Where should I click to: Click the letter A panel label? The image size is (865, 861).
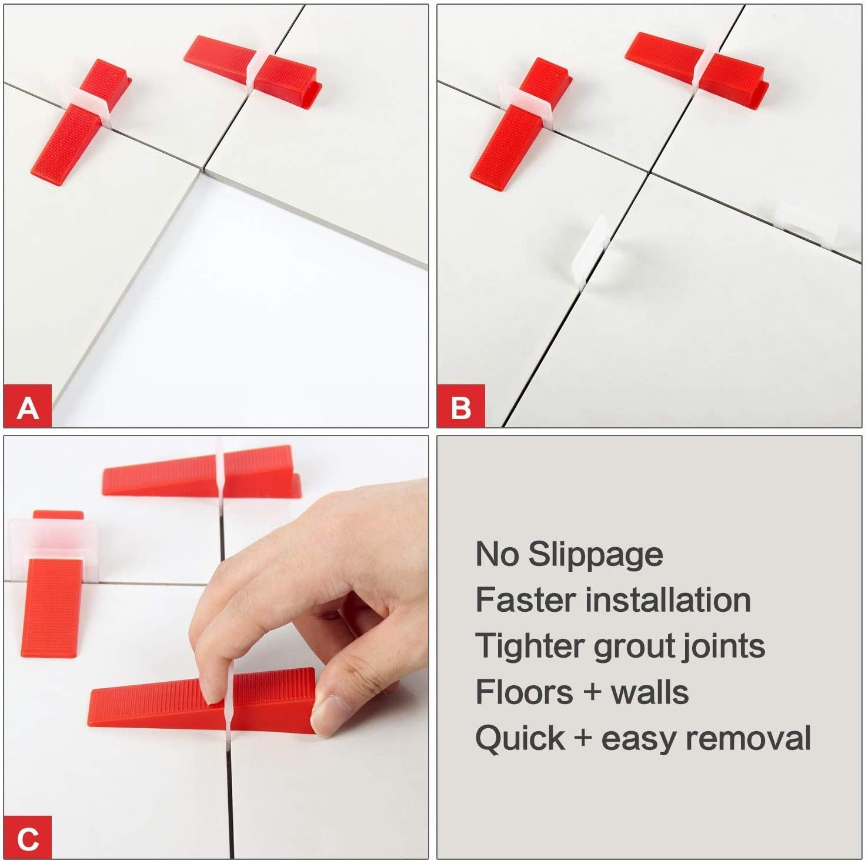point(28,407)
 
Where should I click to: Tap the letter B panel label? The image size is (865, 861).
point(460,407)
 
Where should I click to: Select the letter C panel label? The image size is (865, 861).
point(28,838)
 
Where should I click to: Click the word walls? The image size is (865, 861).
point(650,692)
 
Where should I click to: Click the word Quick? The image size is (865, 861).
point(519,739)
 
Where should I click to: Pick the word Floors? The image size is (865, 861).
point(524,692)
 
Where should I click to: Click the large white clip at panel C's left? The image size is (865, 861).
point(53,538)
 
